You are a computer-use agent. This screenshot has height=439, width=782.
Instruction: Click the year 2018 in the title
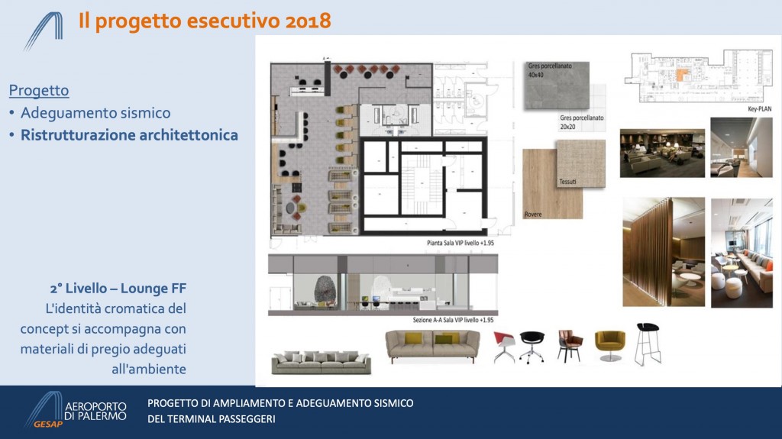(x=309, y=21)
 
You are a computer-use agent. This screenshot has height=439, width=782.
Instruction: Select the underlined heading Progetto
(x=39, y=90)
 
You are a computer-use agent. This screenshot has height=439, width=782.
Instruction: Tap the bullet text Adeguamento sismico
(x=95, y=113)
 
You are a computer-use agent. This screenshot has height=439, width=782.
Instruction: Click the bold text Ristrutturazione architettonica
(x=129, y=135)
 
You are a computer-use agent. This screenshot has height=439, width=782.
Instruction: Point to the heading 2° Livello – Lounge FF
(x=118, y=289)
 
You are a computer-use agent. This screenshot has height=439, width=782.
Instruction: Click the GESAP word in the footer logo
(x=48, y=424)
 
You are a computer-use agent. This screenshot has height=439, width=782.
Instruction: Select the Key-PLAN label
(x=759, y=108)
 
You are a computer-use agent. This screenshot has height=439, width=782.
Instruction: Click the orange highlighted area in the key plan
(x=682, y=76)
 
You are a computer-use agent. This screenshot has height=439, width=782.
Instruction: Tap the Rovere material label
(x=533, y=214)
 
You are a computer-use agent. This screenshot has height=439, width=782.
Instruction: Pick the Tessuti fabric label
(x=567, y=182)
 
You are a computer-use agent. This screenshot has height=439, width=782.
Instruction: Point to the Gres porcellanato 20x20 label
(x=581, y=122)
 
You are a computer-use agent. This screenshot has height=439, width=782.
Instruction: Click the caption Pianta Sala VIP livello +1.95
(x=460, y=243)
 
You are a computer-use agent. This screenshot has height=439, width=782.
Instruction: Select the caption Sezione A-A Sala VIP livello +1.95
(x=453, y=320)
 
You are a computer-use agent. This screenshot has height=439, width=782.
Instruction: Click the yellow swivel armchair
(x=610, y=346)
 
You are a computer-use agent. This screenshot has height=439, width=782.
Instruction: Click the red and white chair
(x=505, y=347)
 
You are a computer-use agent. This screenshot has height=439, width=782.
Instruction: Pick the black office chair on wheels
(x=532, y=347)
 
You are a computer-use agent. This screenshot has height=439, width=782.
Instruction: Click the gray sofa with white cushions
(x=322, y=363)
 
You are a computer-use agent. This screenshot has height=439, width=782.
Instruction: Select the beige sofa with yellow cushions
(x=433, y=346)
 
